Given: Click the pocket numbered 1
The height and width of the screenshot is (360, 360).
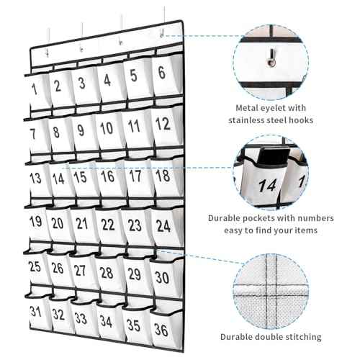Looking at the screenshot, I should click(x=33, y=90).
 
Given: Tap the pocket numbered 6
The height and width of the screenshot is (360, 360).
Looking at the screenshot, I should click(x=161, y=72).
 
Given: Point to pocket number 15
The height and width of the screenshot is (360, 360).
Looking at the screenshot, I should click(x=81, y=177).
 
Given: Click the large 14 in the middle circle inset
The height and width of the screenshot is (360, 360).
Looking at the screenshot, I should click(x=268, y=186).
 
